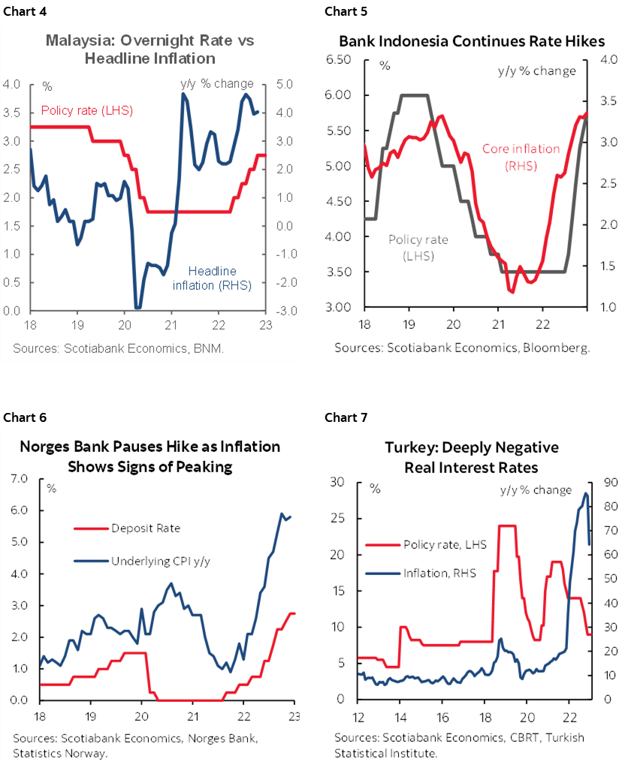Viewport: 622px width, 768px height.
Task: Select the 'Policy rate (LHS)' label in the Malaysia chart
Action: (x=86, y=110)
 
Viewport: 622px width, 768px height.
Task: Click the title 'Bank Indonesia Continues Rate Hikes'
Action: (x=472, y=41)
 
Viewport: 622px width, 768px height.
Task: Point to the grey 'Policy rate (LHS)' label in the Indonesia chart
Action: (x=418, y=248)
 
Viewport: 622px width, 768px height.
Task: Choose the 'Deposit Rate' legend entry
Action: (x=146, y=529)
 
